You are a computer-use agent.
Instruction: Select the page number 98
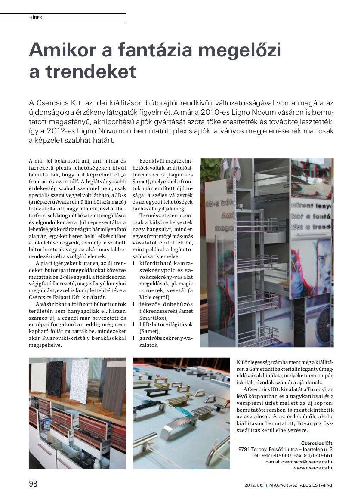[x=33, y=484]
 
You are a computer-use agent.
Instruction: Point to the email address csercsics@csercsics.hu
[x=307, y=461]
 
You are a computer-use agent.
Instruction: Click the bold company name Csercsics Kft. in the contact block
[x=317, y=443]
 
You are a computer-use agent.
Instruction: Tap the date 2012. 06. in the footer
[x=253, y=485]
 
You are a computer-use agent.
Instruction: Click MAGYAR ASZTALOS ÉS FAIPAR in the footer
[x=302, y=485]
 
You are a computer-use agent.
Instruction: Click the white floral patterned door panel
[x=80, y=381]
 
